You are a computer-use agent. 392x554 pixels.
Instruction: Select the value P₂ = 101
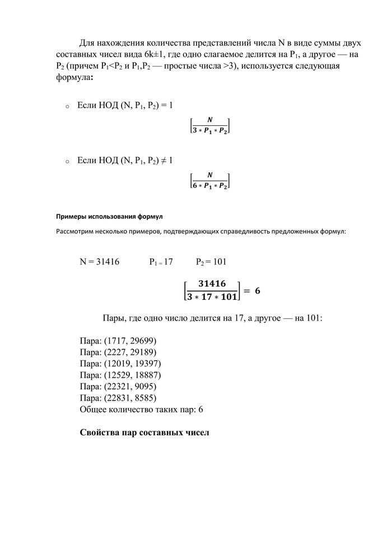coord(211,261)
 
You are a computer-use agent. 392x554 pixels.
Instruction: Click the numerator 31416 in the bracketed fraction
coord(212,284)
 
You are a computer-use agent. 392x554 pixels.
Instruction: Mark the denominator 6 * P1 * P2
coord(210,186)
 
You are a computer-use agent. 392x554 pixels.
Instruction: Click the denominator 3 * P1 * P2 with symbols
coord(210,130)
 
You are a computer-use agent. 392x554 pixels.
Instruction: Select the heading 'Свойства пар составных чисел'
coord(144,433)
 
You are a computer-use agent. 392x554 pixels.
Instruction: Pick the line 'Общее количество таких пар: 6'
coord(141,410)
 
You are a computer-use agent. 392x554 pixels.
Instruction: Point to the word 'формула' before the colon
coord(72,78)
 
